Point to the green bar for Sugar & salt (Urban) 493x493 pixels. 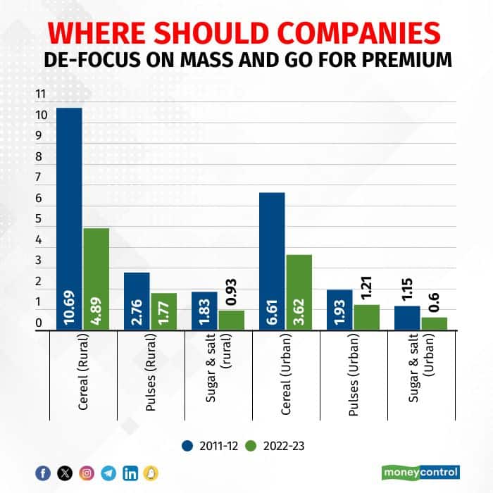pyautogui.click(x=434, y=323)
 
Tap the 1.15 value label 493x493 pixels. pyautogui.click(x=407, y=289)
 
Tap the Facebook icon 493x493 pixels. pyautogui.click(x=43, y=473)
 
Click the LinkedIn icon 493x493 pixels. pyautogui.click(x=130, y=473)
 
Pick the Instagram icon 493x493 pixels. pyautogui.click(x=86, y=473)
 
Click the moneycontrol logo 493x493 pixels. pyautogui.click(x=421, y=471)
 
